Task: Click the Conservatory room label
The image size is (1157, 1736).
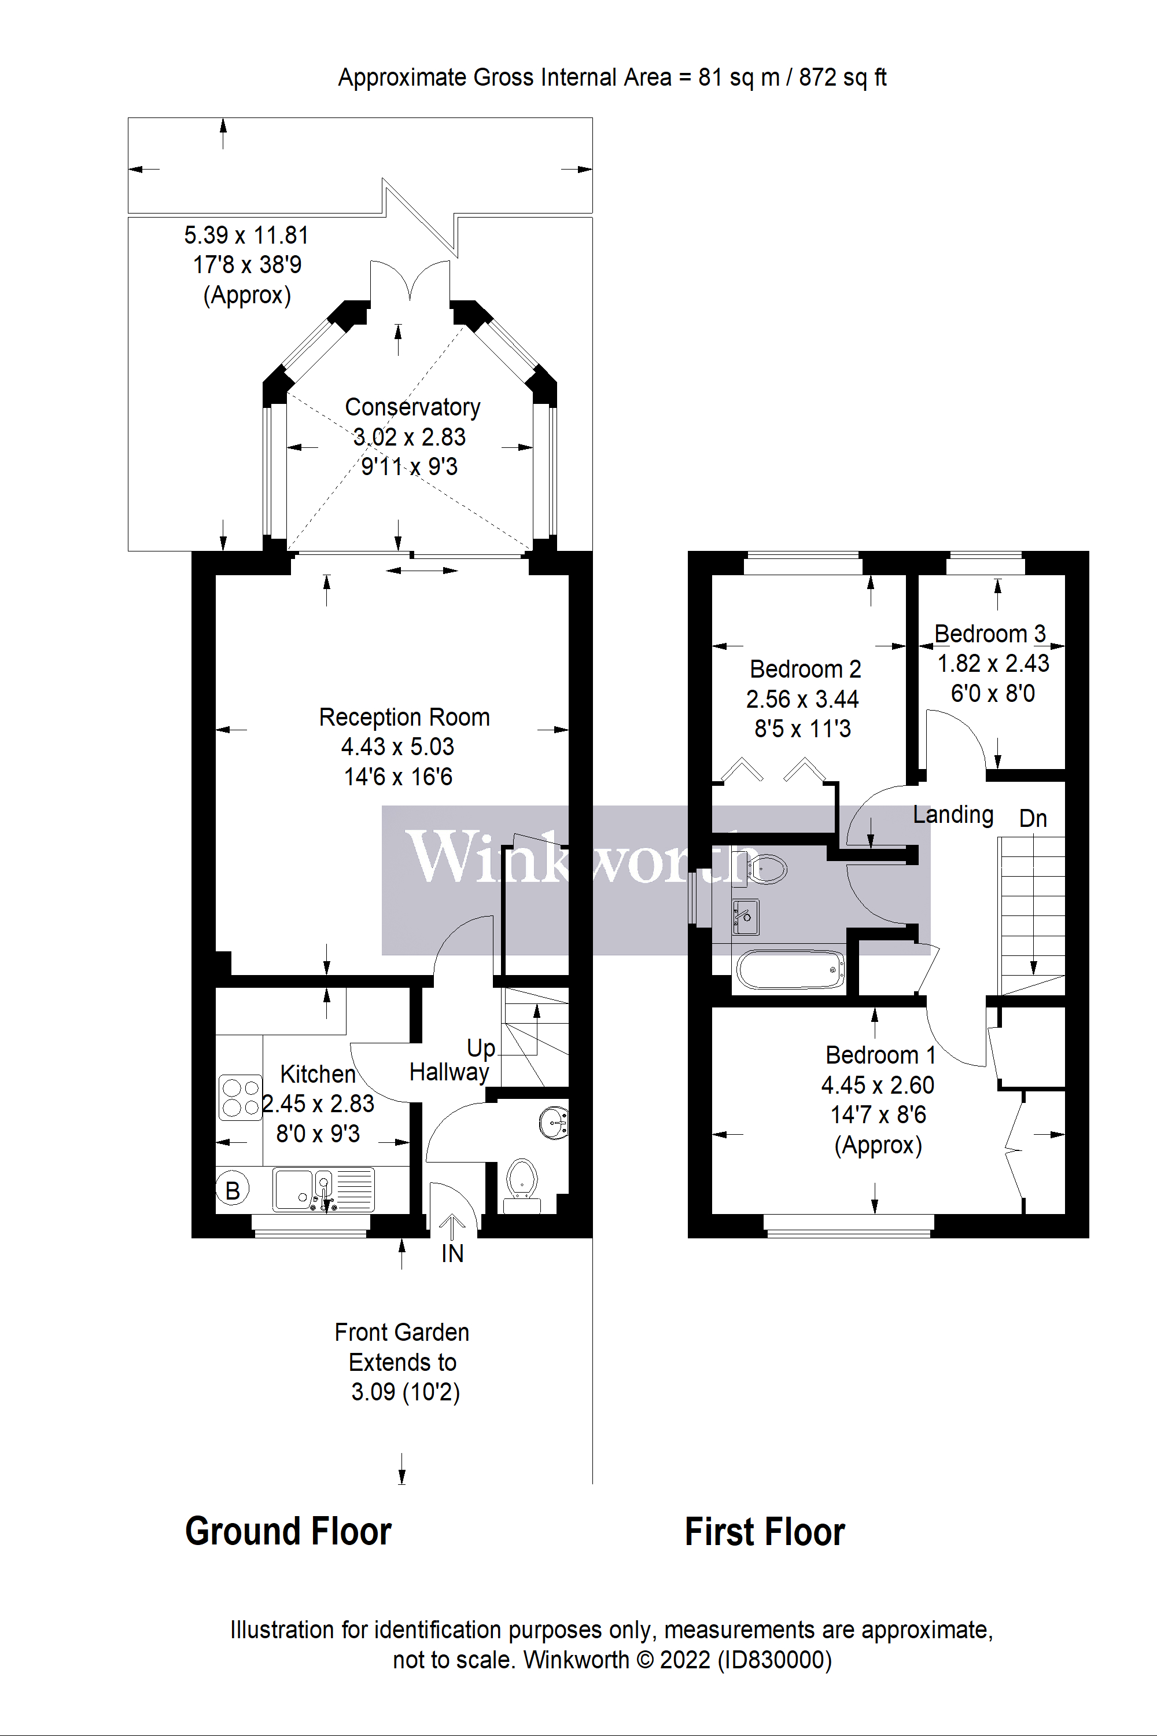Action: pyautogui.click(x=412, y=407)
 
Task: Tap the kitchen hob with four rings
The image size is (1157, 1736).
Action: pyautogui.click(x=241, y=1098)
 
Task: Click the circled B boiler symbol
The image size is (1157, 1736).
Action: pyautogui.click(x=233, y=1190)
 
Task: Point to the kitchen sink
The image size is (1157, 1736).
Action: pyautogui.click(x=323, y=1189)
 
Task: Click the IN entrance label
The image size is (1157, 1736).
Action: pyautogui.click(x=452, y=1253)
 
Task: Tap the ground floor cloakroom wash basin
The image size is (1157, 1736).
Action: pyautogui.click(x=554, y=1123)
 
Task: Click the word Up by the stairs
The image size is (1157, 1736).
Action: pyautogui.click(x=480, y=1048)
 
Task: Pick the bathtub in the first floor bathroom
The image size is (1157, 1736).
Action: pyautogui.click(x=790, y=969)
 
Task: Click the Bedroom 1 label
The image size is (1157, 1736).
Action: pyautogui.click(x=879, y=1055)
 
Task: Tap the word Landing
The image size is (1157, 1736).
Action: pyautogui.click(x=953, y=814)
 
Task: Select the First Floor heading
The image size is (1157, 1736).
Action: pyautogui.click(x=764, y=1532)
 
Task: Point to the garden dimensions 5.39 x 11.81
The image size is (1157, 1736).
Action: pyautogui.click(x=246, y=236)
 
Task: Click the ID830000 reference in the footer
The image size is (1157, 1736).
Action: pyautogui.click(x=774, y=1660)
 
